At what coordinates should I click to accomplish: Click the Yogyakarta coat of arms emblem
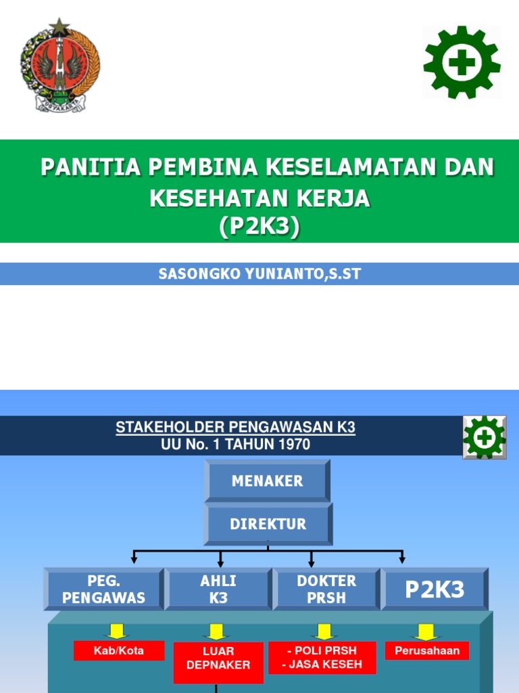click(60, 66)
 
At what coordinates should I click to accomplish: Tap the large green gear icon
click(462, 62)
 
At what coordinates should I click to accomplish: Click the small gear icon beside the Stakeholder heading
click(485, 437)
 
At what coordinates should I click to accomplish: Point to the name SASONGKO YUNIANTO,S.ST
click(260, 274)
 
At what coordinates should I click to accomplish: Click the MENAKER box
click(268, 481)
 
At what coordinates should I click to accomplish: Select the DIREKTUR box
click(268, 524)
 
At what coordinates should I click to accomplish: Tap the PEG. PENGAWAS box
click(103, 589)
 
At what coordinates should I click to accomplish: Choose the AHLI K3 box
click(218, 589)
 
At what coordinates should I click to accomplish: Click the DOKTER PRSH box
click(326, 589)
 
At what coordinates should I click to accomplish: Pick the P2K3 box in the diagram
click(435, 589)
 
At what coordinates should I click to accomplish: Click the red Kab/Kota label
click(119, 650)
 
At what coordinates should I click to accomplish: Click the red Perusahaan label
click(427, 650)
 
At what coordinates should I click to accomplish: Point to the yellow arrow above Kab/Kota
click(118, 631)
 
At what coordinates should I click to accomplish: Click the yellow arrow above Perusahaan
click(426, 631)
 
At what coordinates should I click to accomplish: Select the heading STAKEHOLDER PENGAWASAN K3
click(235, 427)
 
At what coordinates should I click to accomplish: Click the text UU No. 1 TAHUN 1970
click(235, 445)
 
